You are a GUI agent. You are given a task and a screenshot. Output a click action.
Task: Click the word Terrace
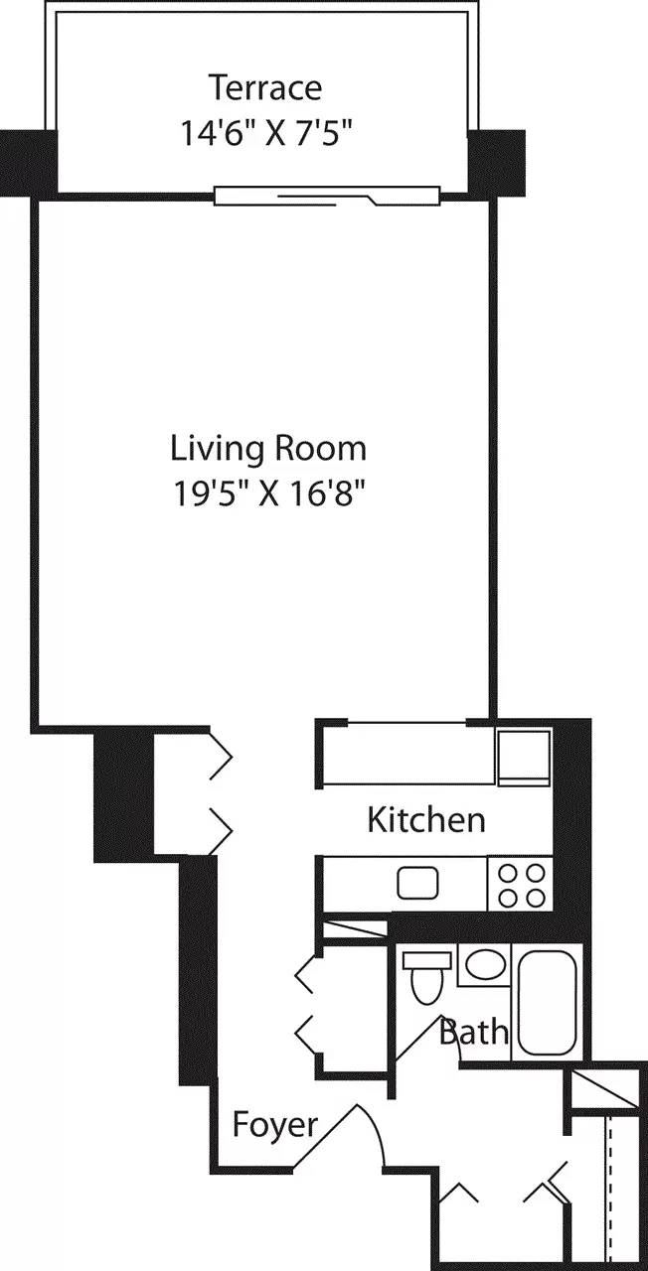264,87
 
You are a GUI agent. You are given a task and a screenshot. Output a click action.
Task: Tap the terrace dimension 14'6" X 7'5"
264,132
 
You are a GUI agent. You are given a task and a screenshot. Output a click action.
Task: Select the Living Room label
268,448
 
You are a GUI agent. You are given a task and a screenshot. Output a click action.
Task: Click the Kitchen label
426,820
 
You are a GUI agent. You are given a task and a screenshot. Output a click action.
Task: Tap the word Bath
474,1032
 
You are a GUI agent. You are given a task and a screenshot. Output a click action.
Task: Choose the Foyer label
275,1125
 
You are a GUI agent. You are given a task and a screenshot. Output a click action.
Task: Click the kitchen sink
418,882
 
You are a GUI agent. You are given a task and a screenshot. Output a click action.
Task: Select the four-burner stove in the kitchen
520,884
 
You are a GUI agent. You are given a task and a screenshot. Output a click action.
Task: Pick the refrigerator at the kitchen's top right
523,760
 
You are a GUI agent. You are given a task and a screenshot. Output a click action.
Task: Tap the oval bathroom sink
485,964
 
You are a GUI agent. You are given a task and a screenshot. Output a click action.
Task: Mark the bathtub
547,1003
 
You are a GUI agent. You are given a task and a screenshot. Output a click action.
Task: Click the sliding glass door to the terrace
327,197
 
